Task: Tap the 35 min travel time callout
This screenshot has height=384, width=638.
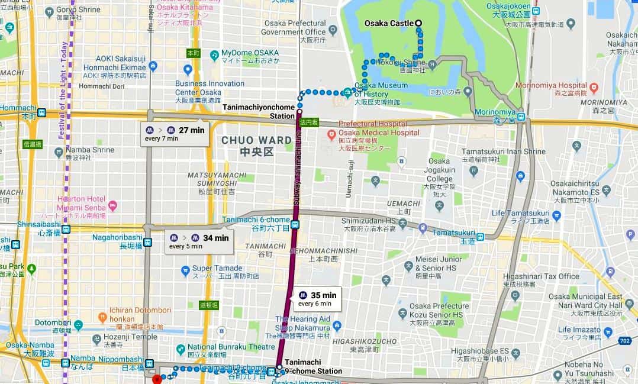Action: click(317, 299)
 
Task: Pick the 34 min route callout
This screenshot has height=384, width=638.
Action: click(199, 241)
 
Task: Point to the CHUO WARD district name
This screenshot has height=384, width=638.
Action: click(256, 146)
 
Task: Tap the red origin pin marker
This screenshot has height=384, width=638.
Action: click(157, 379)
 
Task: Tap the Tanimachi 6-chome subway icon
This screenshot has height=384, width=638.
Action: click(295, 224)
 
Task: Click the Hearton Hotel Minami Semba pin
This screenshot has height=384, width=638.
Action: click(112, 205)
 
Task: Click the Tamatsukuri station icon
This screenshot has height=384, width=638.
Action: click(481, 237)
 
